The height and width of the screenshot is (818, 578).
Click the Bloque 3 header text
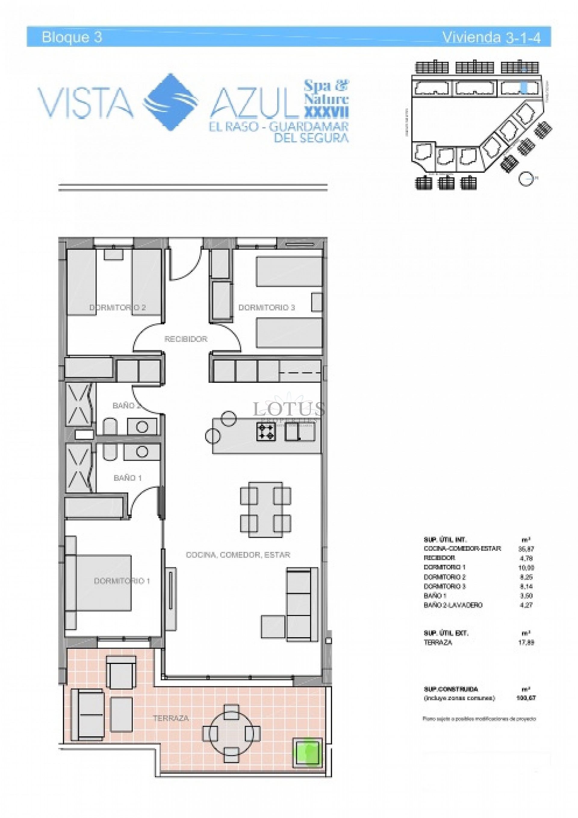point(72,37)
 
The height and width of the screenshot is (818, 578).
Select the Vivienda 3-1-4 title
point(491,37)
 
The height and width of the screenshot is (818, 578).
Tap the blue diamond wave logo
point(170,102)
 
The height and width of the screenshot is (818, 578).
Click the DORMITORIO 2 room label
point(117,307)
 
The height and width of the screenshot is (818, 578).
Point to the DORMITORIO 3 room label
point(267,307)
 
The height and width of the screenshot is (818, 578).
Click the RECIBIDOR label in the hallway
point(186,339)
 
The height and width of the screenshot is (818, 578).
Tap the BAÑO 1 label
point(127,478)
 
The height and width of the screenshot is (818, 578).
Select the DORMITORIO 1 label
point(122,581)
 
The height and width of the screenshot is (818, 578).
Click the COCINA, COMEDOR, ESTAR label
point(238,555)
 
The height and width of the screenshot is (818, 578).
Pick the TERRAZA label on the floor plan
point(171,718)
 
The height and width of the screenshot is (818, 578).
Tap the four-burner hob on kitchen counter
point(266,432)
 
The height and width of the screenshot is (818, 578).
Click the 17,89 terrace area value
point(526,642)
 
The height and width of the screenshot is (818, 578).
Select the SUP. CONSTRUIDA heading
point(451,689)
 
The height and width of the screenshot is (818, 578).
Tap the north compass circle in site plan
point(525,178)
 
